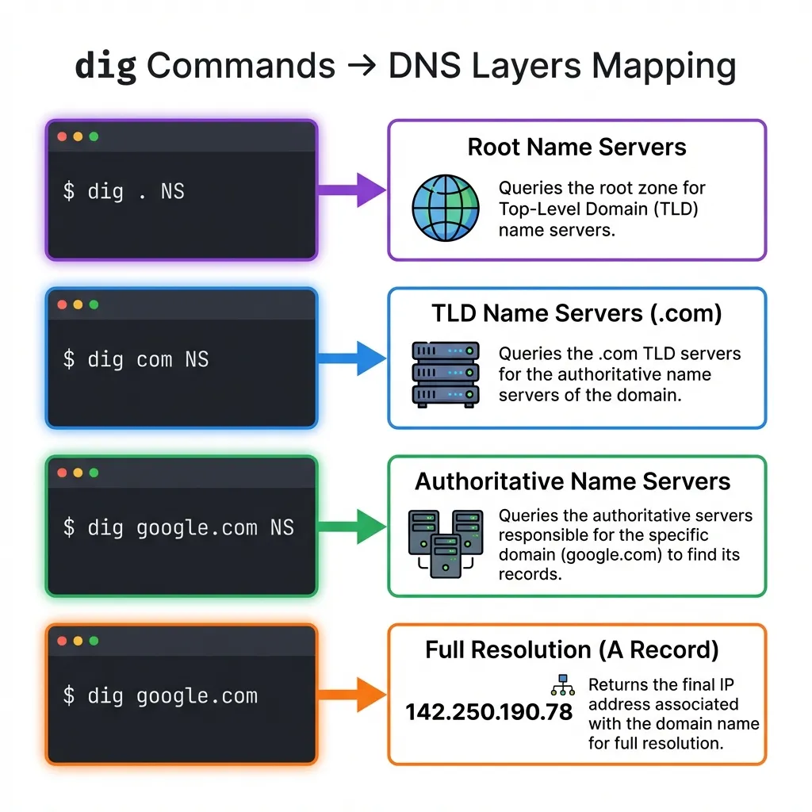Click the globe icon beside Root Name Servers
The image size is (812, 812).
tap(446, 208)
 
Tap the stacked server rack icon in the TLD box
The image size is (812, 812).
tap(446, 374)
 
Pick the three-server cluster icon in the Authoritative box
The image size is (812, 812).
tap(446, 542)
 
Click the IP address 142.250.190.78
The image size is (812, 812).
tap(488, 712)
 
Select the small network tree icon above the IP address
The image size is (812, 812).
tap(561, 684)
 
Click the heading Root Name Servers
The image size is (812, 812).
tap(576, 147)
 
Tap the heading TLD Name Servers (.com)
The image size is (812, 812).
tap(576, 314)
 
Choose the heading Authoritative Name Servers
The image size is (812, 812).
tap(573, 481)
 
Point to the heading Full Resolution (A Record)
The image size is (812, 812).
tap(572, 650)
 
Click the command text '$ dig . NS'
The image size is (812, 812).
tap(124, 191)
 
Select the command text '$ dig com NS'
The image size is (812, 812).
tap(136, 359)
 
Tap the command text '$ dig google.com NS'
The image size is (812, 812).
tap(178, 527)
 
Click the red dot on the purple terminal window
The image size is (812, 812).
tap(63, 136)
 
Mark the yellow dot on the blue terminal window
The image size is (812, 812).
tap(78, 304)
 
